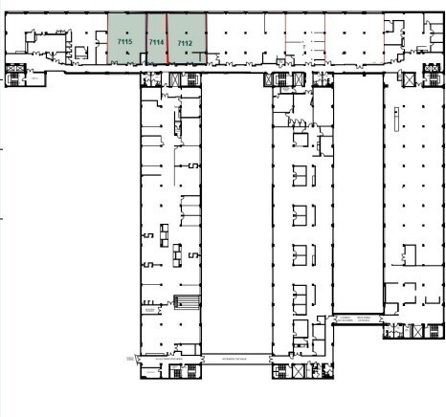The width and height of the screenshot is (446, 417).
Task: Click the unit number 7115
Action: coord(124,43)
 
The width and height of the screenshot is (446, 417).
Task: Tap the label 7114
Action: coord(157,43)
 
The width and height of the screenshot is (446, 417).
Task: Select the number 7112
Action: coord(185,43)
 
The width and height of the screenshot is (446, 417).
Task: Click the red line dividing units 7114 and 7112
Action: coord(167,38)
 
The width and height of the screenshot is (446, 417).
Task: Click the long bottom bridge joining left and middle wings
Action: coord(235,358)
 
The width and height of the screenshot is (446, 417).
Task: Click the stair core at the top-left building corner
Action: coord(16,73)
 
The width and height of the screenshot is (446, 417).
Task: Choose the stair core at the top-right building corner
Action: coord(428,68)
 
